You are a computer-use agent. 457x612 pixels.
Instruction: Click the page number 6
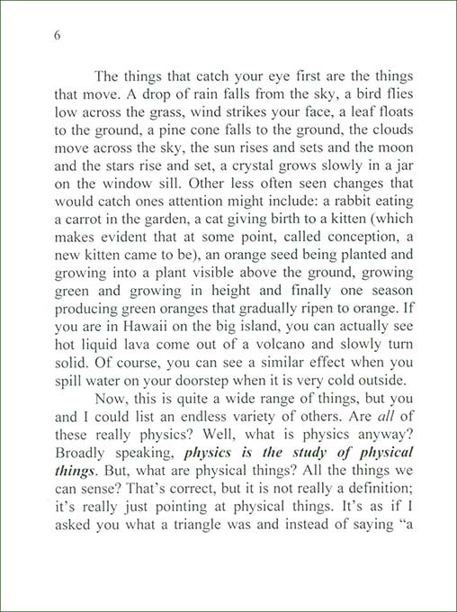point(57,36)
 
